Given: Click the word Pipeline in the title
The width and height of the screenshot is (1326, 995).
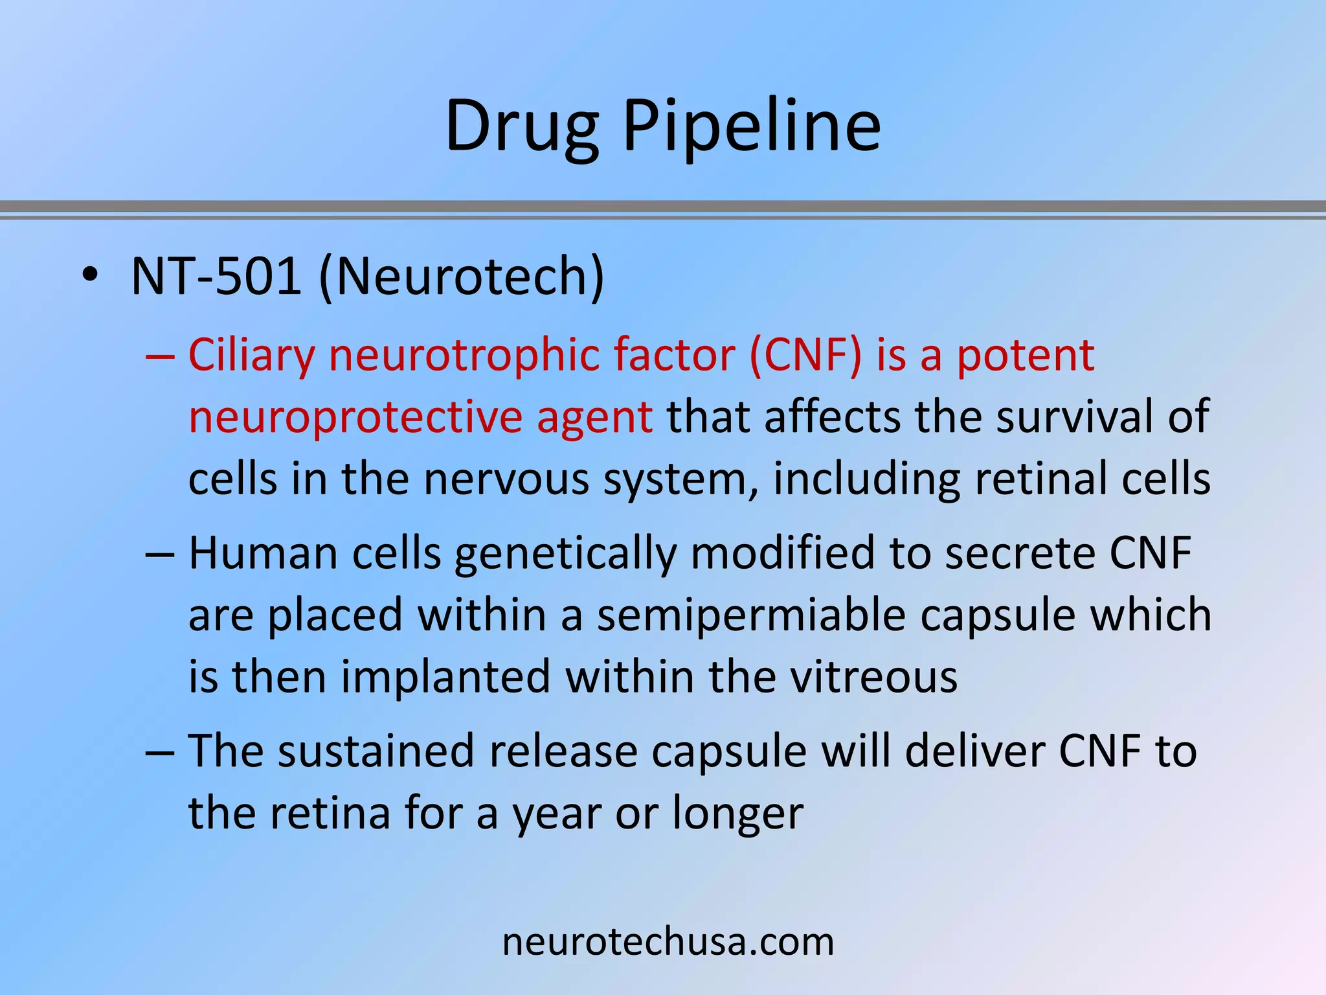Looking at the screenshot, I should (752, 126).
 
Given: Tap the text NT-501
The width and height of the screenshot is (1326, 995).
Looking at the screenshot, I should (216, 277).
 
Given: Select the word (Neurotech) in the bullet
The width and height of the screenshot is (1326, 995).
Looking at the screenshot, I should (462, 277).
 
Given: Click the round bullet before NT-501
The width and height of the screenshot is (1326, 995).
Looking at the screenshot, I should (90, 277).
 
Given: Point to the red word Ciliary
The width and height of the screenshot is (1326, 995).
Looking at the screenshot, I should (251, 356).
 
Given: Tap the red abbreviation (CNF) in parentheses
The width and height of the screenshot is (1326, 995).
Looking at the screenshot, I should (805, 355).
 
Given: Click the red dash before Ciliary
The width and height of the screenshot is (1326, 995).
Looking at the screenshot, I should (160, 356).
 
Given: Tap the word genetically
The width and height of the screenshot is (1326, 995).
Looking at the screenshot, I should (565, 555).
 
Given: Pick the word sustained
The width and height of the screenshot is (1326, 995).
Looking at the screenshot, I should (376, 751).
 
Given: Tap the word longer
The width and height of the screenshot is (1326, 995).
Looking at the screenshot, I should (737, 814).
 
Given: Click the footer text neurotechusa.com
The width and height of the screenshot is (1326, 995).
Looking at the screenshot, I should (668, 942).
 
